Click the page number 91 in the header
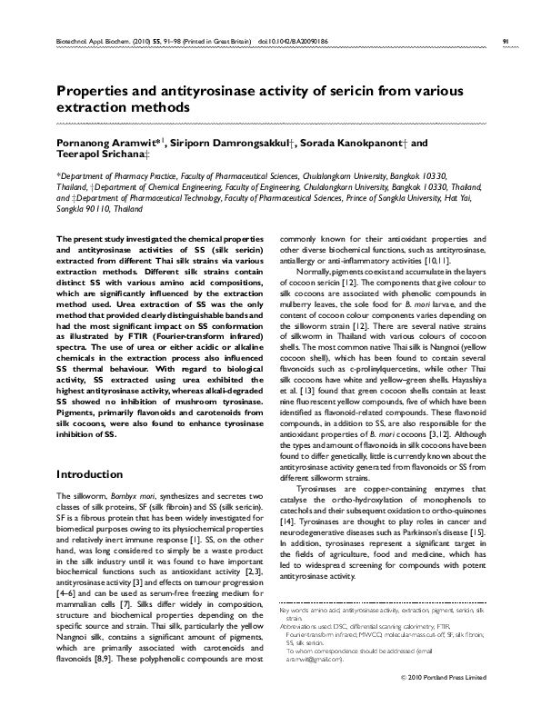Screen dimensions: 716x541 pos(505,41)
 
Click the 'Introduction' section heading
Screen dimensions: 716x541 pos(90,474)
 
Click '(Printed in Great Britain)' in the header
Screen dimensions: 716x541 pos(215,41)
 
